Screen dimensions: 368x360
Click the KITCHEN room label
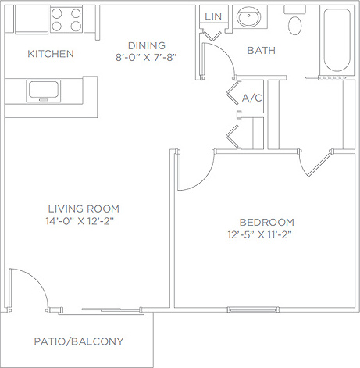coord(51,54)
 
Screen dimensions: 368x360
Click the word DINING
coord(147,45)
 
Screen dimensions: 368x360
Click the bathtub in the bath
coord(337,43)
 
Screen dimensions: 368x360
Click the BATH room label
coord(261,51)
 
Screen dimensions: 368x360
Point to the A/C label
coord(251,98)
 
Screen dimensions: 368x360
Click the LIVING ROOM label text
coord(84,209)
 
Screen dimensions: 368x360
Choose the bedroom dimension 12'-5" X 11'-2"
coord(265,234)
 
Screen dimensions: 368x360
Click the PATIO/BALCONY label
coord(79,341)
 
